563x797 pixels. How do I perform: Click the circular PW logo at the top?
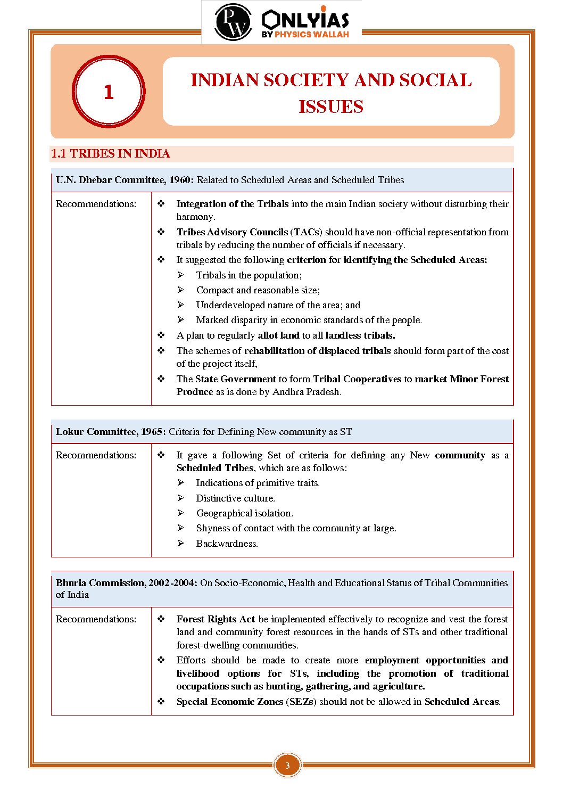pyautogui.click(x=233, y=22)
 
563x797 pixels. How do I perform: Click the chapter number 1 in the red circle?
pyautogui.click(x=109, y=92)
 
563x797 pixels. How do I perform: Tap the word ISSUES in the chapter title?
pyautogui.click(x=330, y=106)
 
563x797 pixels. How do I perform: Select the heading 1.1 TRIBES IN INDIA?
pyautogui.click(x=110, y=154)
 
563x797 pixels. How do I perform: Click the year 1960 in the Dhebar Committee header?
pyautogui.click(x=179, y=180)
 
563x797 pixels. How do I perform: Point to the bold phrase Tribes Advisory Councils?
pyautogui.click(x=232, y=232)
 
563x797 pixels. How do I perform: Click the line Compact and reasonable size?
pyautogui.click(x=258, y=290)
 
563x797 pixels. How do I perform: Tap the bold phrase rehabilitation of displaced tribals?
pyautogui.click(x=317, y=351)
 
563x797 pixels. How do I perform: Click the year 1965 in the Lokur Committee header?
pyautogui.click(x=151, y=432)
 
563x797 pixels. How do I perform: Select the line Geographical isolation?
pyautogui.click(x=244, y=513)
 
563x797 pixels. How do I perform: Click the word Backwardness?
pyautogui.click(x=227, y=544)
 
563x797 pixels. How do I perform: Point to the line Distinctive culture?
pyautogui.click(x=235, y=498)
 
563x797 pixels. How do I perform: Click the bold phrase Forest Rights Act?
pyautogui.click(x=216, y=619)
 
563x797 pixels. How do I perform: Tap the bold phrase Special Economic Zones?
pyautogui.click(x=230, y=702)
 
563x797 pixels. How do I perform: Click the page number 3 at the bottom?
pyautogui.click(x=287, y=766)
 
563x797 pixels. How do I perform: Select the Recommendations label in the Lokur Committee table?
pyautogui.click(x=96, y=455)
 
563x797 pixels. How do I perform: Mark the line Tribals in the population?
pyautogui.click(x=249, y=275)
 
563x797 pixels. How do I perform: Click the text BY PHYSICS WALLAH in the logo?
pyautogui.click(x=305, y=35)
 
